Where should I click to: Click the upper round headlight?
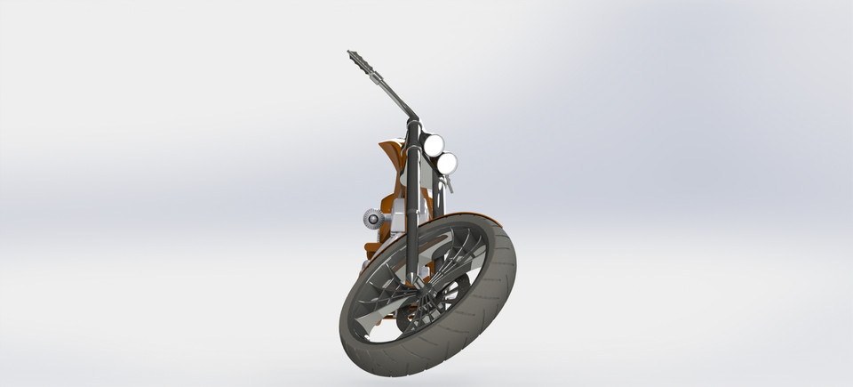pos(433,144)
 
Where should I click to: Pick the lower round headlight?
pos(447,163)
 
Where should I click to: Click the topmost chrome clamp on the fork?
pos(414,124)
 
